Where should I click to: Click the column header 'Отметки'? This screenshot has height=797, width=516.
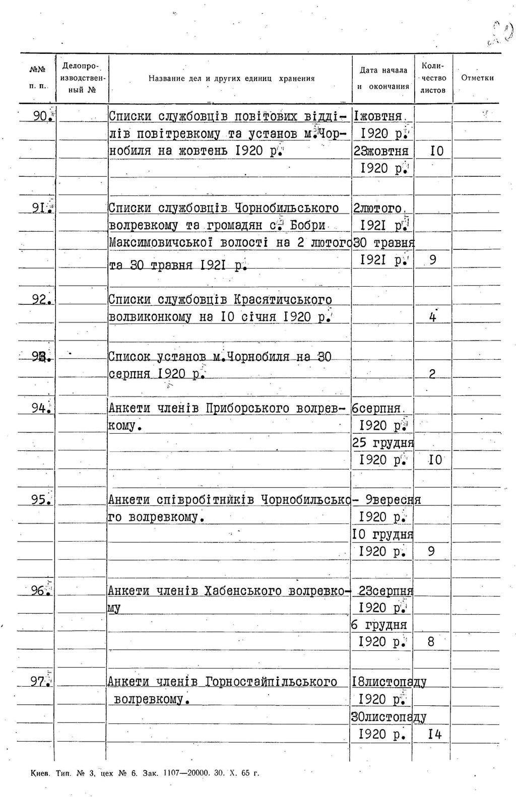click(477, 78)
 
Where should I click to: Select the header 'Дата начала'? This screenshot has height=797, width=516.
click(383, 71)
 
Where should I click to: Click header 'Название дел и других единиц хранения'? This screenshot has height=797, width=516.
click(231, 79)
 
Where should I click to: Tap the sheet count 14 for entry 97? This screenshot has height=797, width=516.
click(434, 735)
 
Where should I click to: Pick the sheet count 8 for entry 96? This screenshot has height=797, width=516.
click(431, 642)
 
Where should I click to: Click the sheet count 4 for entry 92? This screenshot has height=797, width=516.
click(432, 318)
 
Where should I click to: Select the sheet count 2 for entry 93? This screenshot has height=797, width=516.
click(432, 374)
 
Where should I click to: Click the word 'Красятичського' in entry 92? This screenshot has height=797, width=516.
click(283, 300)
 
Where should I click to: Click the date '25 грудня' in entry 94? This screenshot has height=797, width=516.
click(382, 443)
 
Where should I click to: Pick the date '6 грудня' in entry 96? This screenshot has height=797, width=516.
click(379, 625)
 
